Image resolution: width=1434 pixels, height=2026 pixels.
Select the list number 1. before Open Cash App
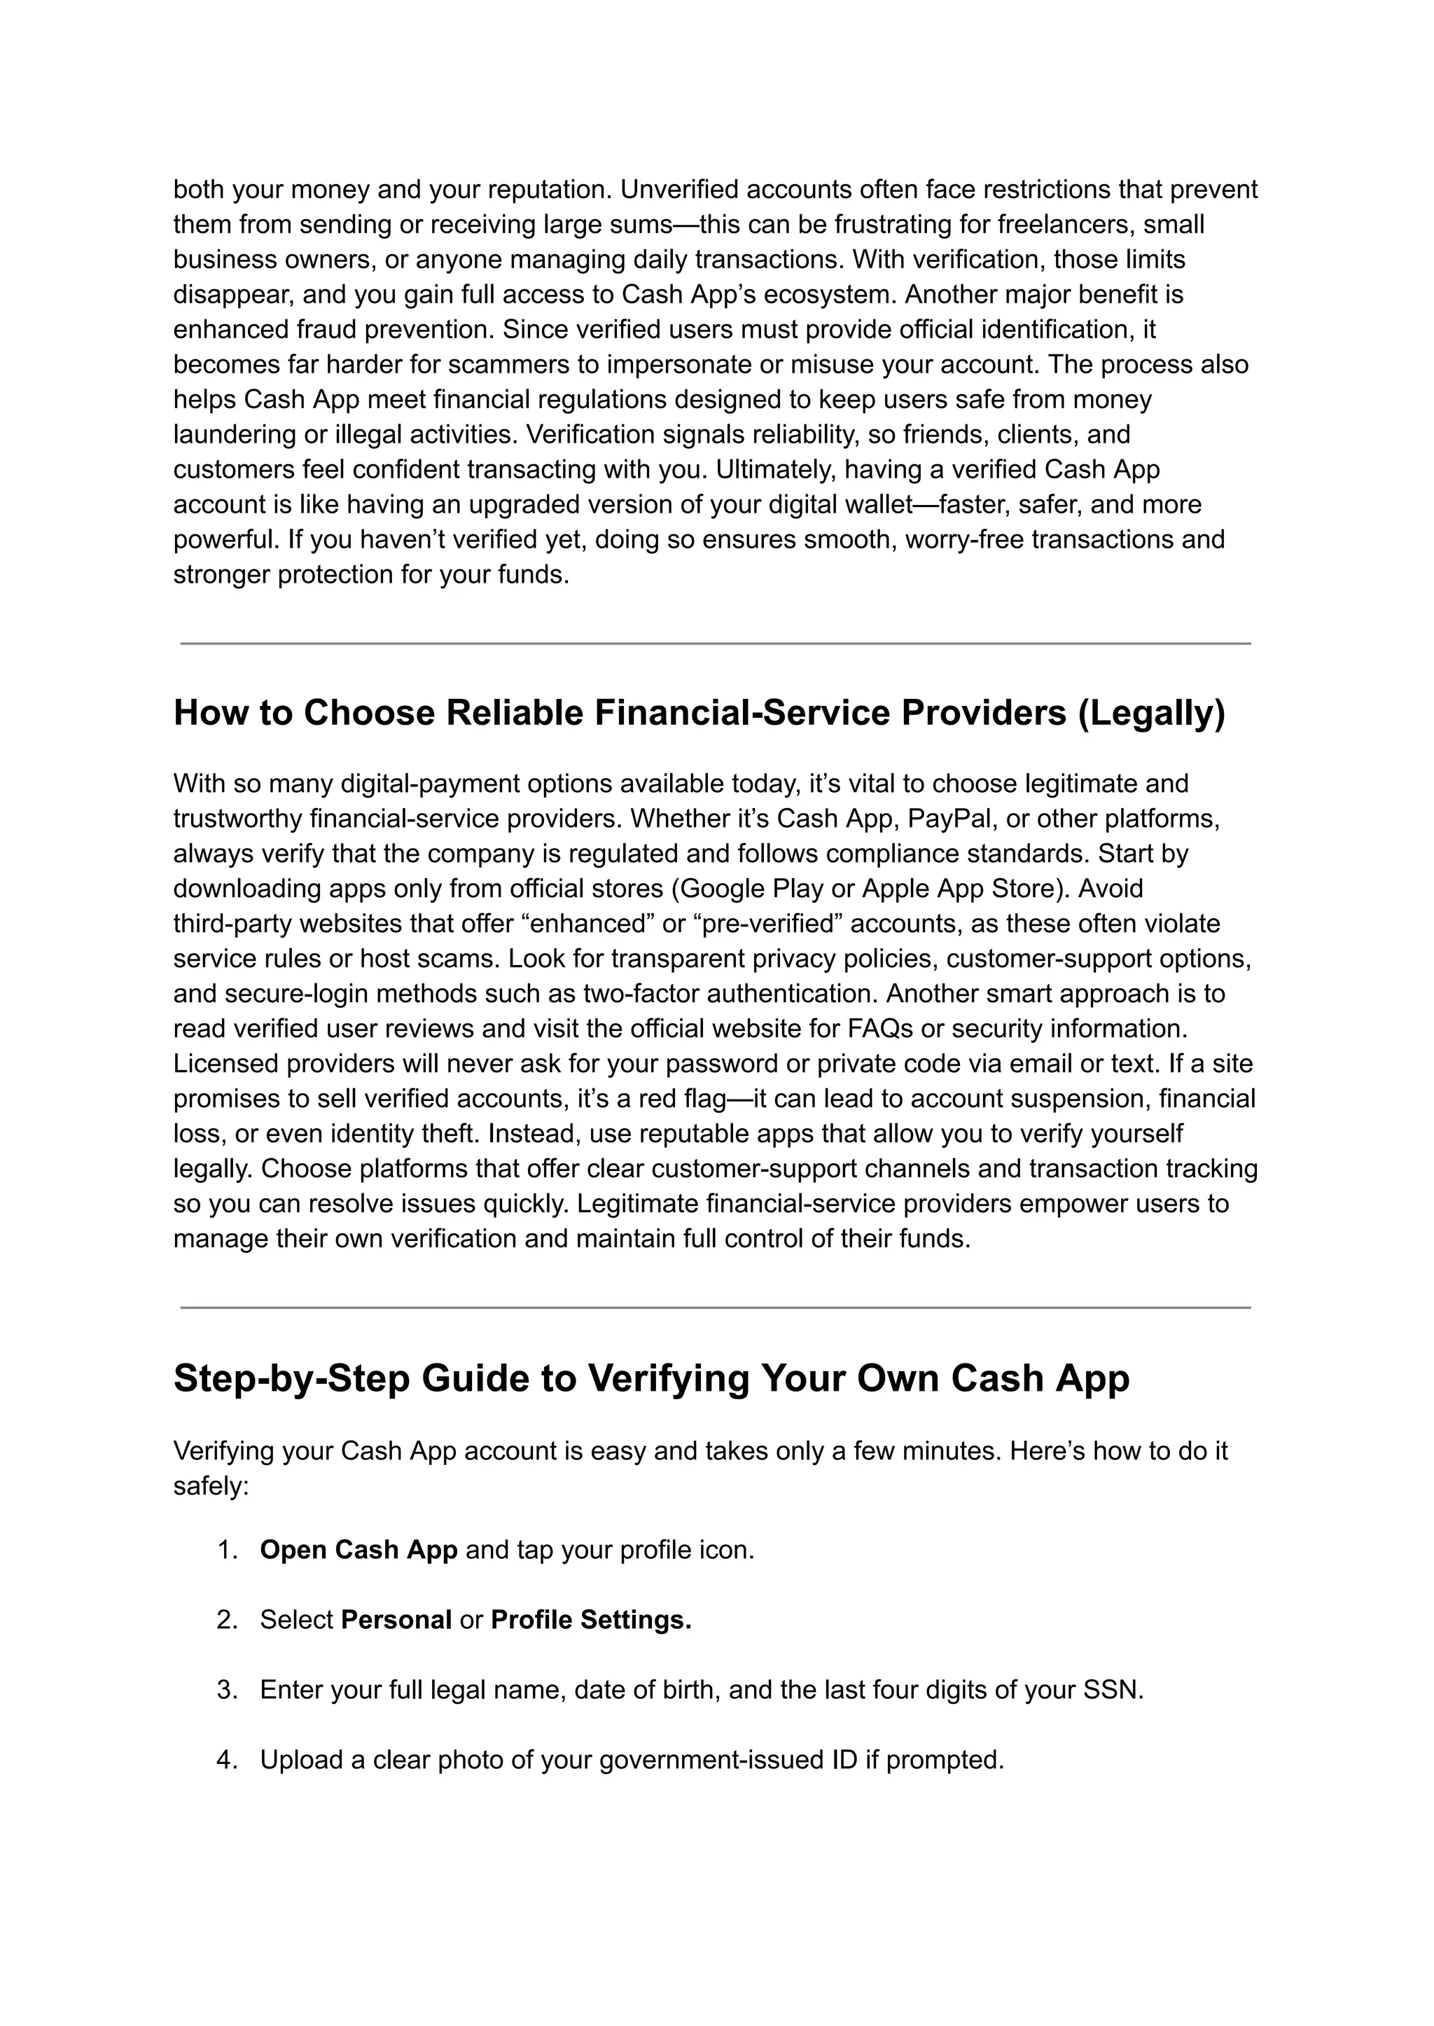coord(228,1550)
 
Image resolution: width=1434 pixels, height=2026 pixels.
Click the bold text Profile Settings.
coord(591,1620)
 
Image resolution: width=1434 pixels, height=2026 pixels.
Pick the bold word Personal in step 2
coord(396,1620)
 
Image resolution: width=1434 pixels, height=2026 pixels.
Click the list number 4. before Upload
coord(228,1759)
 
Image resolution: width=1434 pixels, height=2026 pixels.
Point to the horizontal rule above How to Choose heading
coord(715,644)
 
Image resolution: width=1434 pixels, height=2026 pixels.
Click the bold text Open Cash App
coord(358,1550)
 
